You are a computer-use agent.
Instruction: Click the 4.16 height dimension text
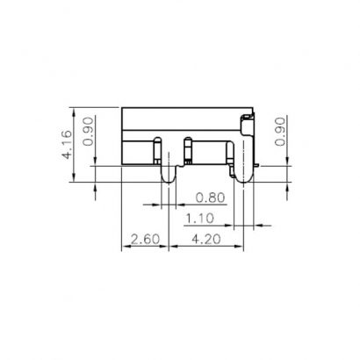coord(67,144)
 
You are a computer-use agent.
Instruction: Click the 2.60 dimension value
coord(144,240)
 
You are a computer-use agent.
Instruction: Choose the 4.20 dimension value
coord(206,240)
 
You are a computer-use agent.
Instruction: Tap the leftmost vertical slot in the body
coord(157,150)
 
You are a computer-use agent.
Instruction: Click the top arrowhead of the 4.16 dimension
coord(74,112)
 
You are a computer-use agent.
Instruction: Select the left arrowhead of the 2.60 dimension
coord(125,247)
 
